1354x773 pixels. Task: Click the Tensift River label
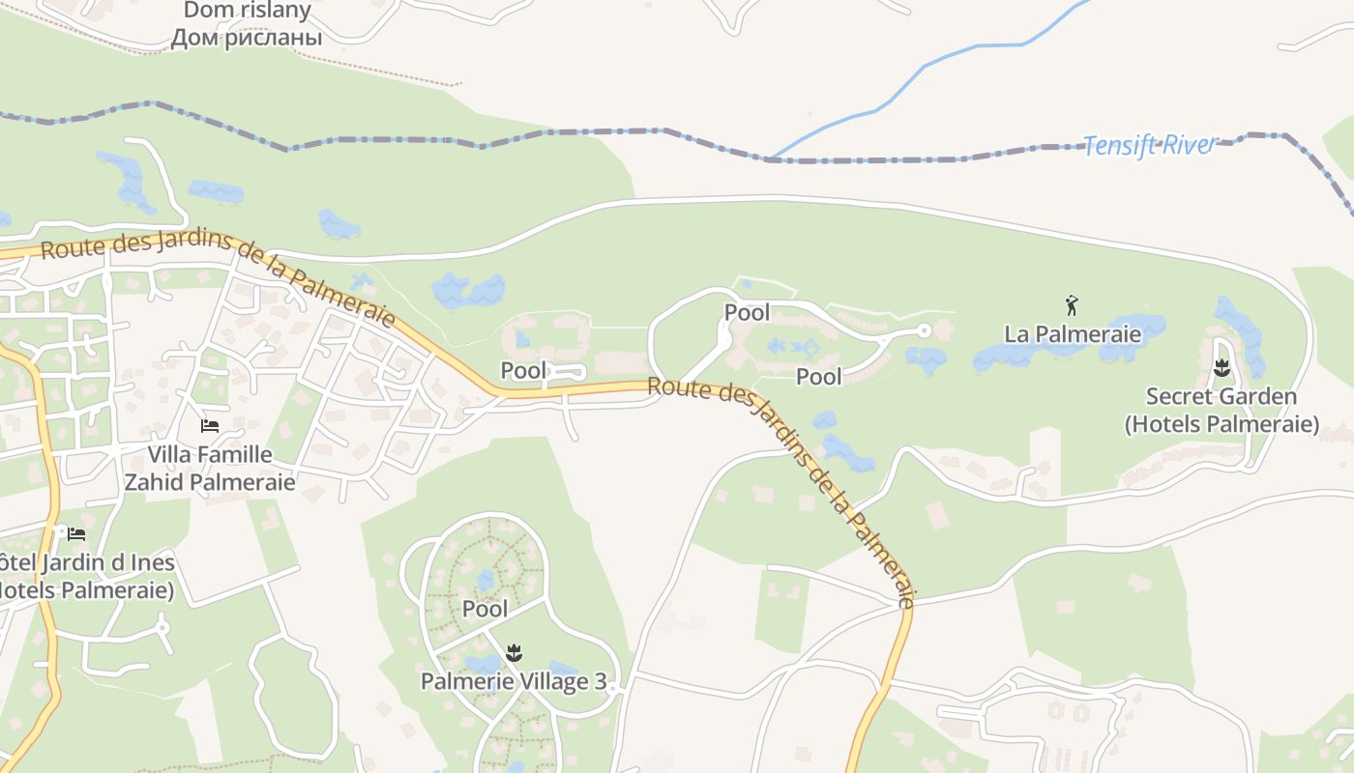pyautogui.click(x=1150, y=146)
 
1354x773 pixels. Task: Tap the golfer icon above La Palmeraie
pyautogui.click(x=1072, y=306)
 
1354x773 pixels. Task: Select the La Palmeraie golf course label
pyautogui.click(x=1073, y=334)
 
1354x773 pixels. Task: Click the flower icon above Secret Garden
pyautogui.click(x=1222, y=368)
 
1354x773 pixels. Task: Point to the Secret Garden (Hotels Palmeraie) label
pyautogui.click(x=1222, y=410)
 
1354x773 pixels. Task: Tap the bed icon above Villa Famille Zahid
pyautogui.click(x=209, y=426)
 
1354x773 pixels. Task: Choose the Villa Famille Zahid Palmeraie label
pyautogui.click(x=210, y=468)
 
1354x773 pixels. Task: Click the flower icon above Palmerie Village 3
pyautogui.click(x=515, y=652)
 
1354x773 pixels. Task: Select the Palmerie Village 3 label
pyautogui.click(x=514, y=681)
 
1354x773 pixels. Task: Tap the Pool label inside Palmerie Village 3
pyautogui.click(x=485, y=609)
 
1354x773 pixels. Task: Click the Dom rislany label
pyautogui.click(x=247, y=12)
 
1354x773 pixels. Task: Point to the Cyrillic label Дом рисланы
pyautogui.click(x=247, y=39)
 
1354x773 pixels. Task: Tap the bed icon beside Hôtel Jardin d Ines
pyautogui.click(x=75, y=533)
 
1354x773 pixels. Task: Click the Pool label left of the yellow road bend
pyautogui.click(x=523, y=370)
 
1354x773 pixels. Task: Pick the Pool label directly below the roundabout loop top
pyautogui.click(x=747, y=312)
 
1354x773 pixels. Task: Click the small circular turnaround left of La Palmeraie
pyautogui.click(x=924, y=330)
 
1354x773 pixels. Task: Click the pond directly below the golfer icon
pyautogui.click(x=1064, y=354)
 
